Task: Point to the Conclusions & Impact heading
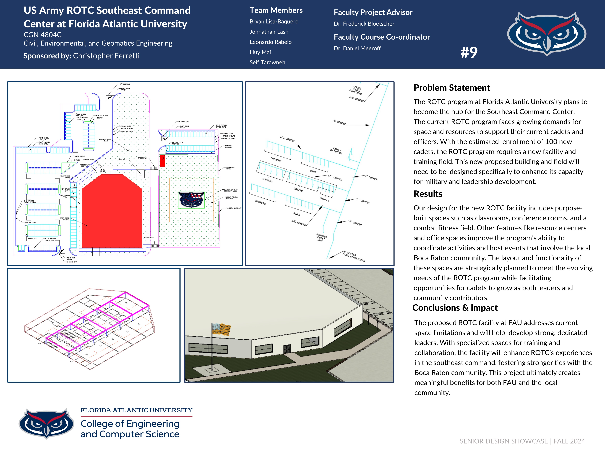(455, 308)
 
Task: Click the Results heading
(428, 194)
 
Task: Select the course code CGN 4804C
(43, 35)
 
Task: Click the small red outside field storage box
(162, 161)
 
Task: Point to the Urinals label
(324, 199)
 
